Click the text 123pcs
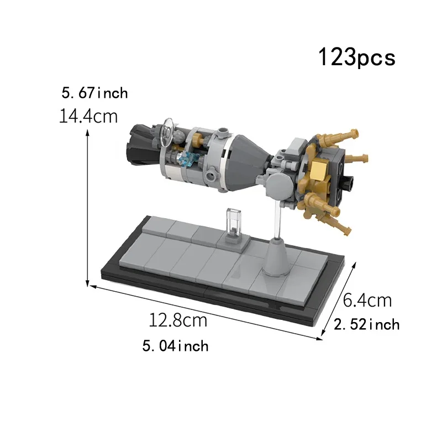pyautogui.click(x=356, y=57)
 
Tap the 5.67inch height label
pyautogui.click(x=94, y=92)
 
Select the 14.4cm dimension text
pyautogui.click(x=88, y=117)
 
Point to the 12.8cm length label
pyautogui.click(x=177, y=320)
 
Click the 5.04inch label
pyautogui.click(x=175, y=346)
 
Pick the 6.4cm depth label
pyautogui.click(x=367, y=301)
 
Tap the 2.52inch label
pyautogui.click(x=367, y=324)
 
